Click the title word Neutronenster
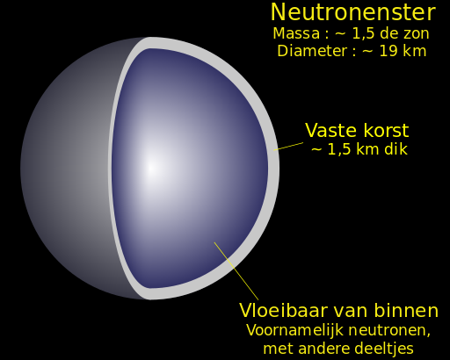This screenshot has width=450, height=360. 352,12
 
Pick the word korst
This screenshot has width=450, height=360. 384,131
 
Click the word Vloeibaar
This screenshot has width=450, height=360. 279,310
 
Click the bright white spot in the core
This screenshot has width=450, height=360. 150,167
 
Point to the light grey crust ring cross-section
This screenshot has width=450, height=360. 272,167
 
